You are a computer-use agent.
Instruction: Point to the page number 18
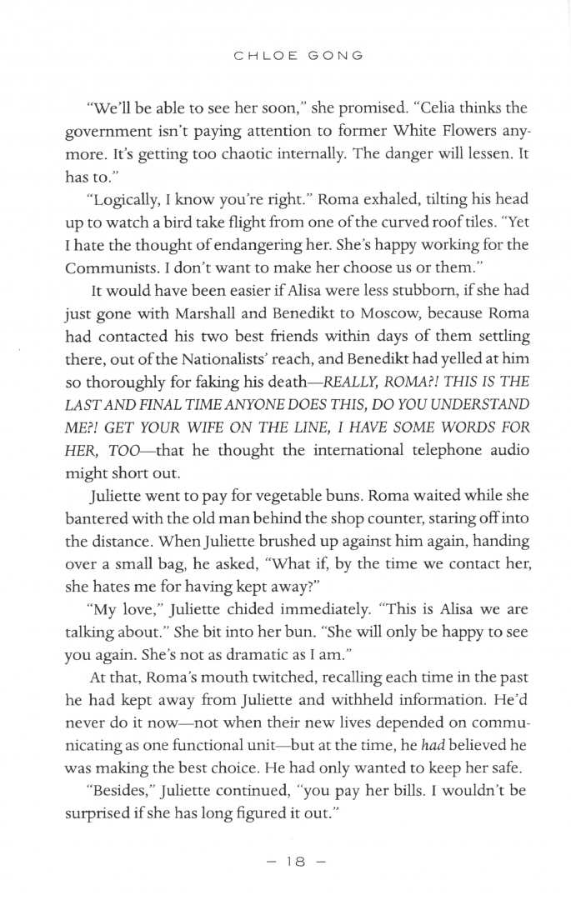(x=285, y=861)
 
